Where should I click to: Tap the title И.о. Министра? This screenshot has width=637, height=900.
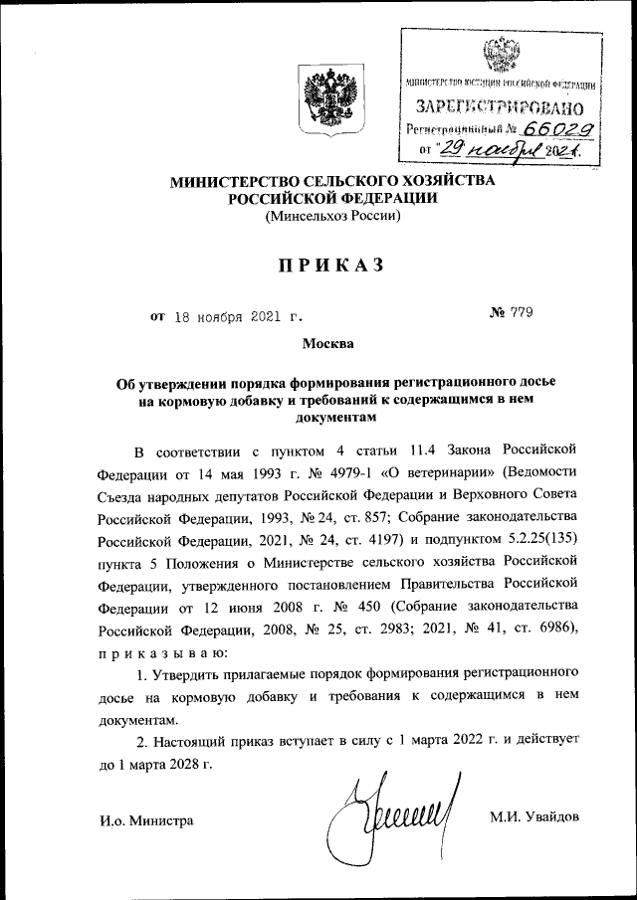pos(146,819)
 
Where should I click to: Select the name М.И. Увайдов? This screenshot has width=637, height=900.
pos(533,817)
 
